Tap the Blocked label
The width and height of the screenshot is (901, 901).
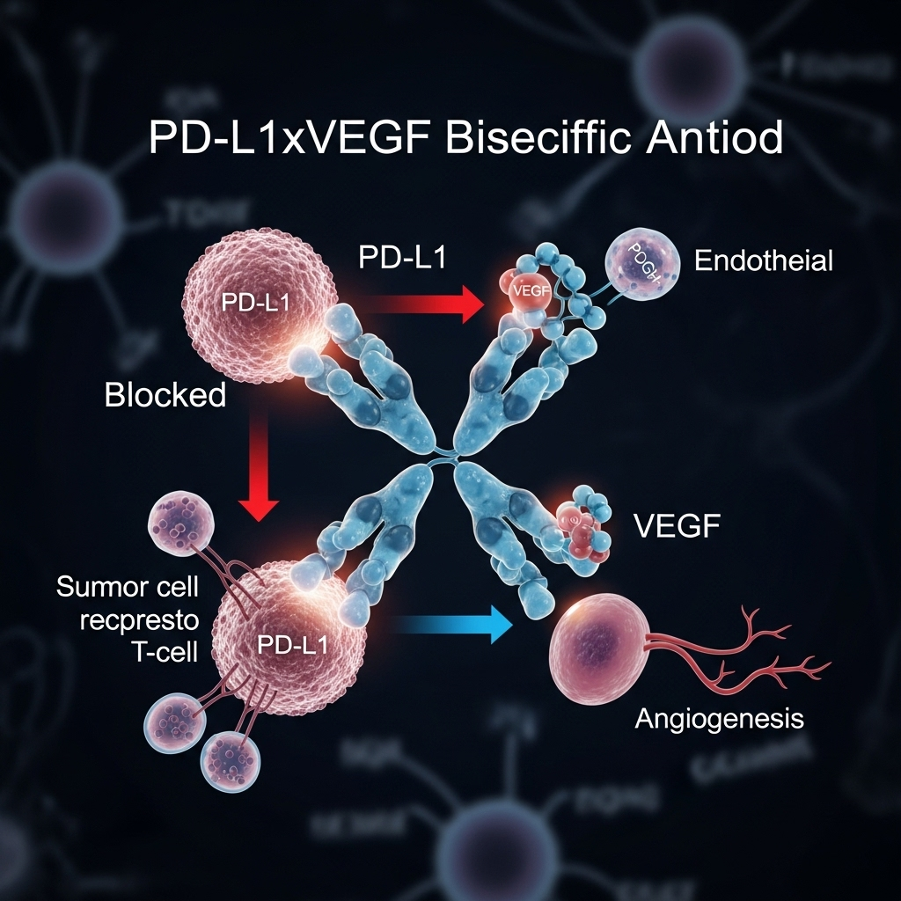pos(165,395)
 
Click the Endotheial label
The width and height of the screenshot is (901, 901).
pos(763,260)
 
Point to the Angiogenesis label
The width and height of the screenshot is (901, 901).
pos(719,719)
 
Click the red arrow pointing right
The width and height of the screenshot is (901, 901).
pos(426,305)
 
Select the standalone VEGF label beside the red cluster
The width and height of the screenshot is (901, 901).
pos(677,528)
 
